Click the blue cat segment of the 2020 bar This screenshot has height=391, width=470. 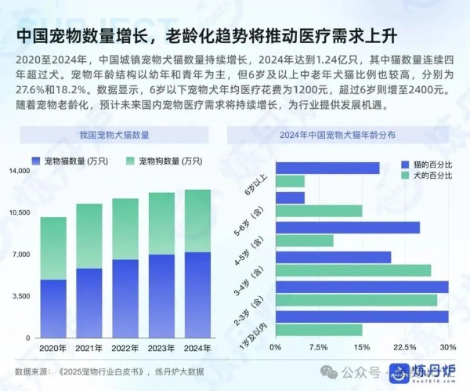(x=53, y=308)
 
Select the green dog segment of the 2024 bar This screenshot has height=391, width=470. (x=197, y=220)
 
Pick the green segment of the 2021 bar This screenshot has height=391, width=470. (x=89, y=235)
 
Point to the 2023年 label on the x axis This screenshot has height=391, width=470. (x=161, y=348)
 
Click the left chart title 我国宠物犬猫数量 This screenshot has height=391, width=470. (x=114, y=135)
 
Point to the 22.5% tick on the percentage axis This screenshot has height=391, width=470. (x=404, y=347)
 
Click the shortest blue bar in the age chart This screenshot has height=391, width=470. (x=290, y=198)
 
